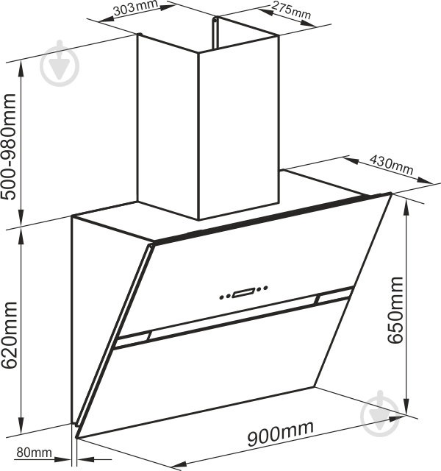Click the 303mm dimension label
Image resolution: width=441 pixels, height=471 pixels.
tap(135, 7)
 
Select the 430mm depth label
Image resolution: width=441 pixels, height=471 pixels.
tap(391, 165)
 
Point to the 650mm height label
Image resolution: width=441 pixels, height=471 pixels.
tap(395, 310)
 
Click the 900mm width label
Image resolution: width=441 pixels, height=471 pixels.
tap(281, 433)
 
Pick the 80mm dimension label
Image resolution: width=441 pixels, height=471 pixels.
tap(34, 452)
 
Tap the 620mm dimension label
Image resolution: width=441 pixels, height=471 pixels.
tap(8, 336)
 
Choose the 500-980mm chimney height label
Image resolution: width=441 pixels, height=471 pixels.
tap(8, 146)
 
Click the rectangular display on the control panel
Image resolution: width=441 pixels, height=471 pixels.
tap(243, 292)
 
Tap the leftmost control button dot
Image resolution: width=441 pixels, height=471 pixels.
tap(222, 297)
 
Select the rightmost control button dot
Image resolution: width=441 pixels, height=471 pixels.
tap(265, 288)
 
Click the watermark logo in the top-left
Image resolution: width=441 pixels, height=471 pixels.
tap(60, 64)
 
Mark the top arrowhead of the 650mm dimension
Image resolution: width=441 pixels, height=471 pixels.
tap(406, 208)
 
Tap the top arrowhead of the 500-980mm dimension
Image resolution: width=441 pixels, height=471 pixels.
tap(21, 68)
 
